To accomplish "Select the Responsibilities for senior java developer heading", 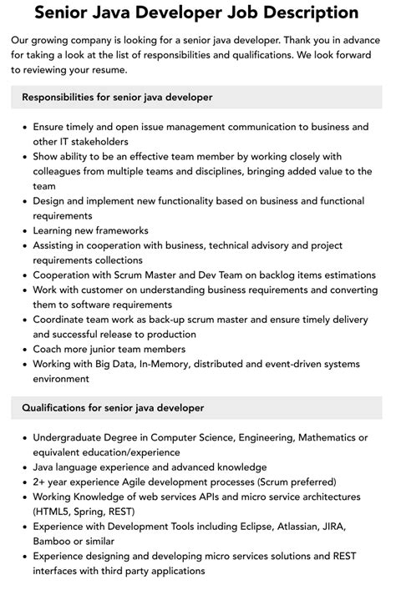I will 117,98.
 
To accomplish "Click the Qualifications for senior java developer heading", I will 112,408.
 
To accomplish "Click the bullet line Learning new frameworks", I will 90,229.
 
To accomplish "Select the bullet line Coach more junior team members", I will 109,348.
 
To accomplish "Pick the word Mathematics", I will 317,437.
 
